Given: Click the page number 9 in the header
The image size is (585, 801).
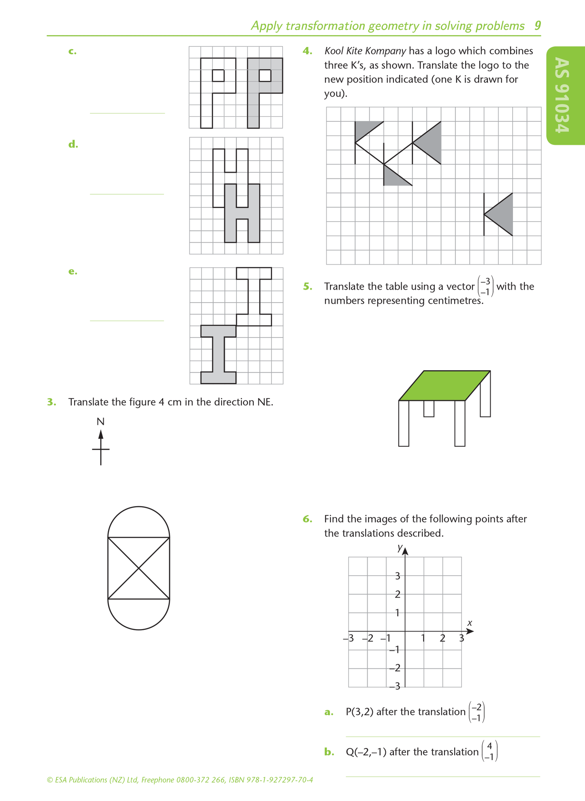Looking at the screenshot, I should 537,26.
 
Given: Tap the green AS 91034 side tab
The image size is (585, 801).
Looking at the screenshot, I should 564,95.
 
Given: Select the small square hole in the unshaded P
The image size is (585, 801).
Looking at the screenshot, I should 218,76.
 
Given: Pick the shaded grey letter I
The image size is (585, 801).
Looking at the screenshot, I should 218,354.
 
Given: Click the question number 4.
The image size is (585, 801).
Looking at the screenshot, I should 307,51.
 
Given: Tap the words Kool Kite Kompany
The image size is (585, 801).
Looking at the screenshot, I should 365,51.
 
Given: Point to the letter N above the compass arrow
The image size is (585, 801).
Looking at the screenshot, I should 100,422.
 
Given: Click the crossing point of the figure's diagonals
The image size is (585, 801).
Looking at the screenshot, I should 138,568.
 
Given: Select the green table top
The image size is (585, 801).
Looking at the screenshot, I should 445,385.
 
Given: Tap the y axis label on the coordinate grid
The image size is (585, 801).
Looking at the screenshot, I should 400,548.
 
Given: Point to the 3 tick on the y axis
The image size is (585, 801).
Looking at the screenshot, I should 398,576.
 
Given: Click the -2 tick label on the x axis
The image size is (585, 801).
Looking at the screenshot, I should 368,639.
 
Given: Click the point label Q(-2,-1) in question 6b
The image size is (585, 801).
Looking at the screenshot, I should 366,752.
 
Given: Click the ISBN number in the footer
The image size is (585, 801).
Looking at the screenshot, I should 271,780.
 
